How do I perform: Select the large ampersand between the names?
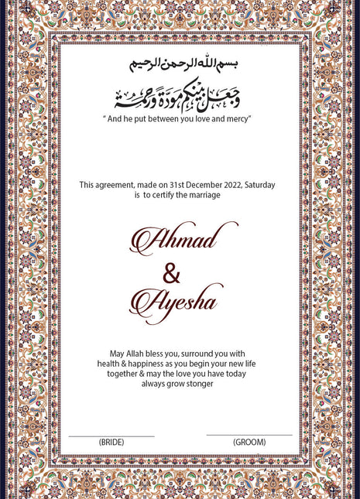click(172, 272)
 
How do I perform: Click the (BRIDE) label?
click(111, 442)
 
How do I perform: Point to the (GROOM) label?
click(249, 442)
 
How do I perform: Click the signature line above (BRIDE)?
click(111, 436)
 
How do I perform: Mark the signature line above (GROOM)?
click(249, 435)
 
